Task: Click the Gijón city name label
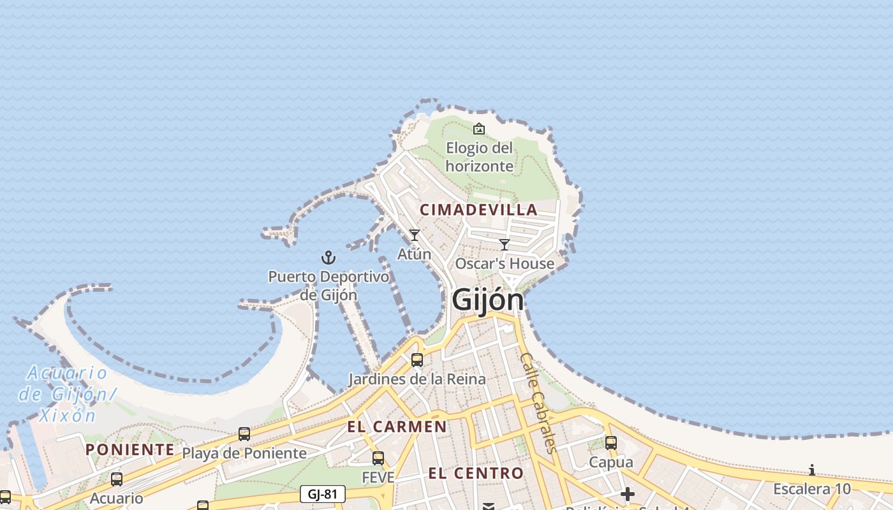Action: click(x=488, y=300)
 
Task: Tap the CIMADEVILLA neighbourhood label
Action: click(x=478, y=210)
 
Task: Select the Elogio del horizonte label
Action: click(x=480, y=157)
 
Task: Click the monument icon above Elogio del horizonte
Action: click(x=479, y=129)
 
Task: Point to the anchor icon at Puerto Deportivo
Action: click(x=328, y=258)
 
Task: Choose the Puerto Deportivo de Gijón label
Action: click(x=328, y=286)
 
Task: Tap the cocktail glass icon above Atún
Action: click(x=415, y=235)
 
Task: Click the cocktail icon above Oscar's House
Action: click(x=505, y=244)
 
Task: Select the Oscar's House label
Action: click(x=505, y=263)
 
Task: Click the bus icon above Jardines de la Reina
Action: click(x=417, y=360)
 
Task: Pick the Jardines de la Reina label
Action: click(x=417, y=379)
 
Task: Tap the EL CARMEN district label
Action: click(x=397, y=427)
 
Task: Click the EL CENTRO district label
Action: click(x=476, y=473)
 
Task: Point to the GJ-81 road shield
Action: click(x=322, y=494)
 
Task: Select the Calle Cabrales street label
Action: click(x=538, y=403)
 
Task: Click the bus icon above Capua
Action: click(x=611, y=442)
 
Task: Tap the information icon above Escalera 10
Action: click(x=812, y=470)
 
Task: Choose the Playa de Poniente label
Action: click(x=244, y=453)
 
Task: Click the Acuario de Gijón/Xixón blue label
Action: click(x=67, y=394)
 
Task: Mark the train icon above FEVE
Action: click(x=378, y=458)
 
